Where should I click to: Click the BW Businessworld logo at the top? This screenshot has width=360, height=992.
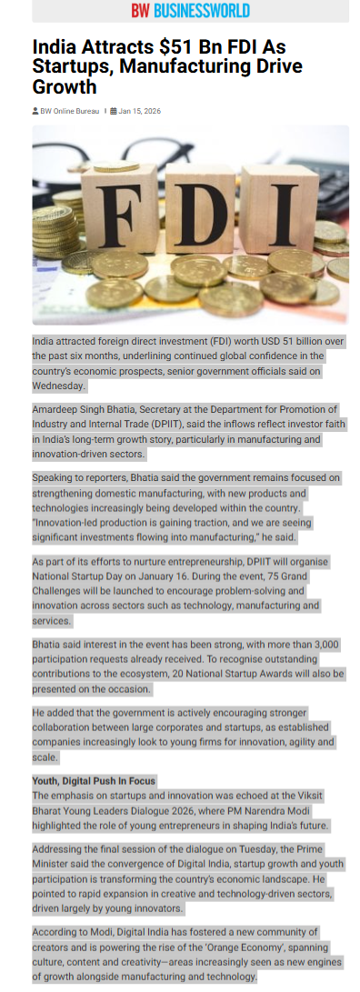click(x=190, y=11)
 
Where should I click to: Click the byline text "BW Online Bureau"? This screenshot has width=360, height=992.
click(x=70, y=111)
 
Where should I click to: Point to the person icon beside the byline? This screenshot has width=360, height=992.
click(x=35, y=111)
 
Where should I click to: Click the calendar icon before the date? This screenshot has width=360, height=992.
click(x=114, y=111)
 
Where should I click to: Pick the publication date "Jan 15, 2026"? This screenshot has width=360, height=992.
click(x=140, y=111)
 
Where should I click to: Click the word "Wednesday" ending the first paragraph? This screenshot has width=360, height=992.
click(x=59, y=386)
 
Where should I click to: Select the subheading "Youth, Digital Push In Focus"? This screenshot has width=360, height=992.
click(x=94, y=781)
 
